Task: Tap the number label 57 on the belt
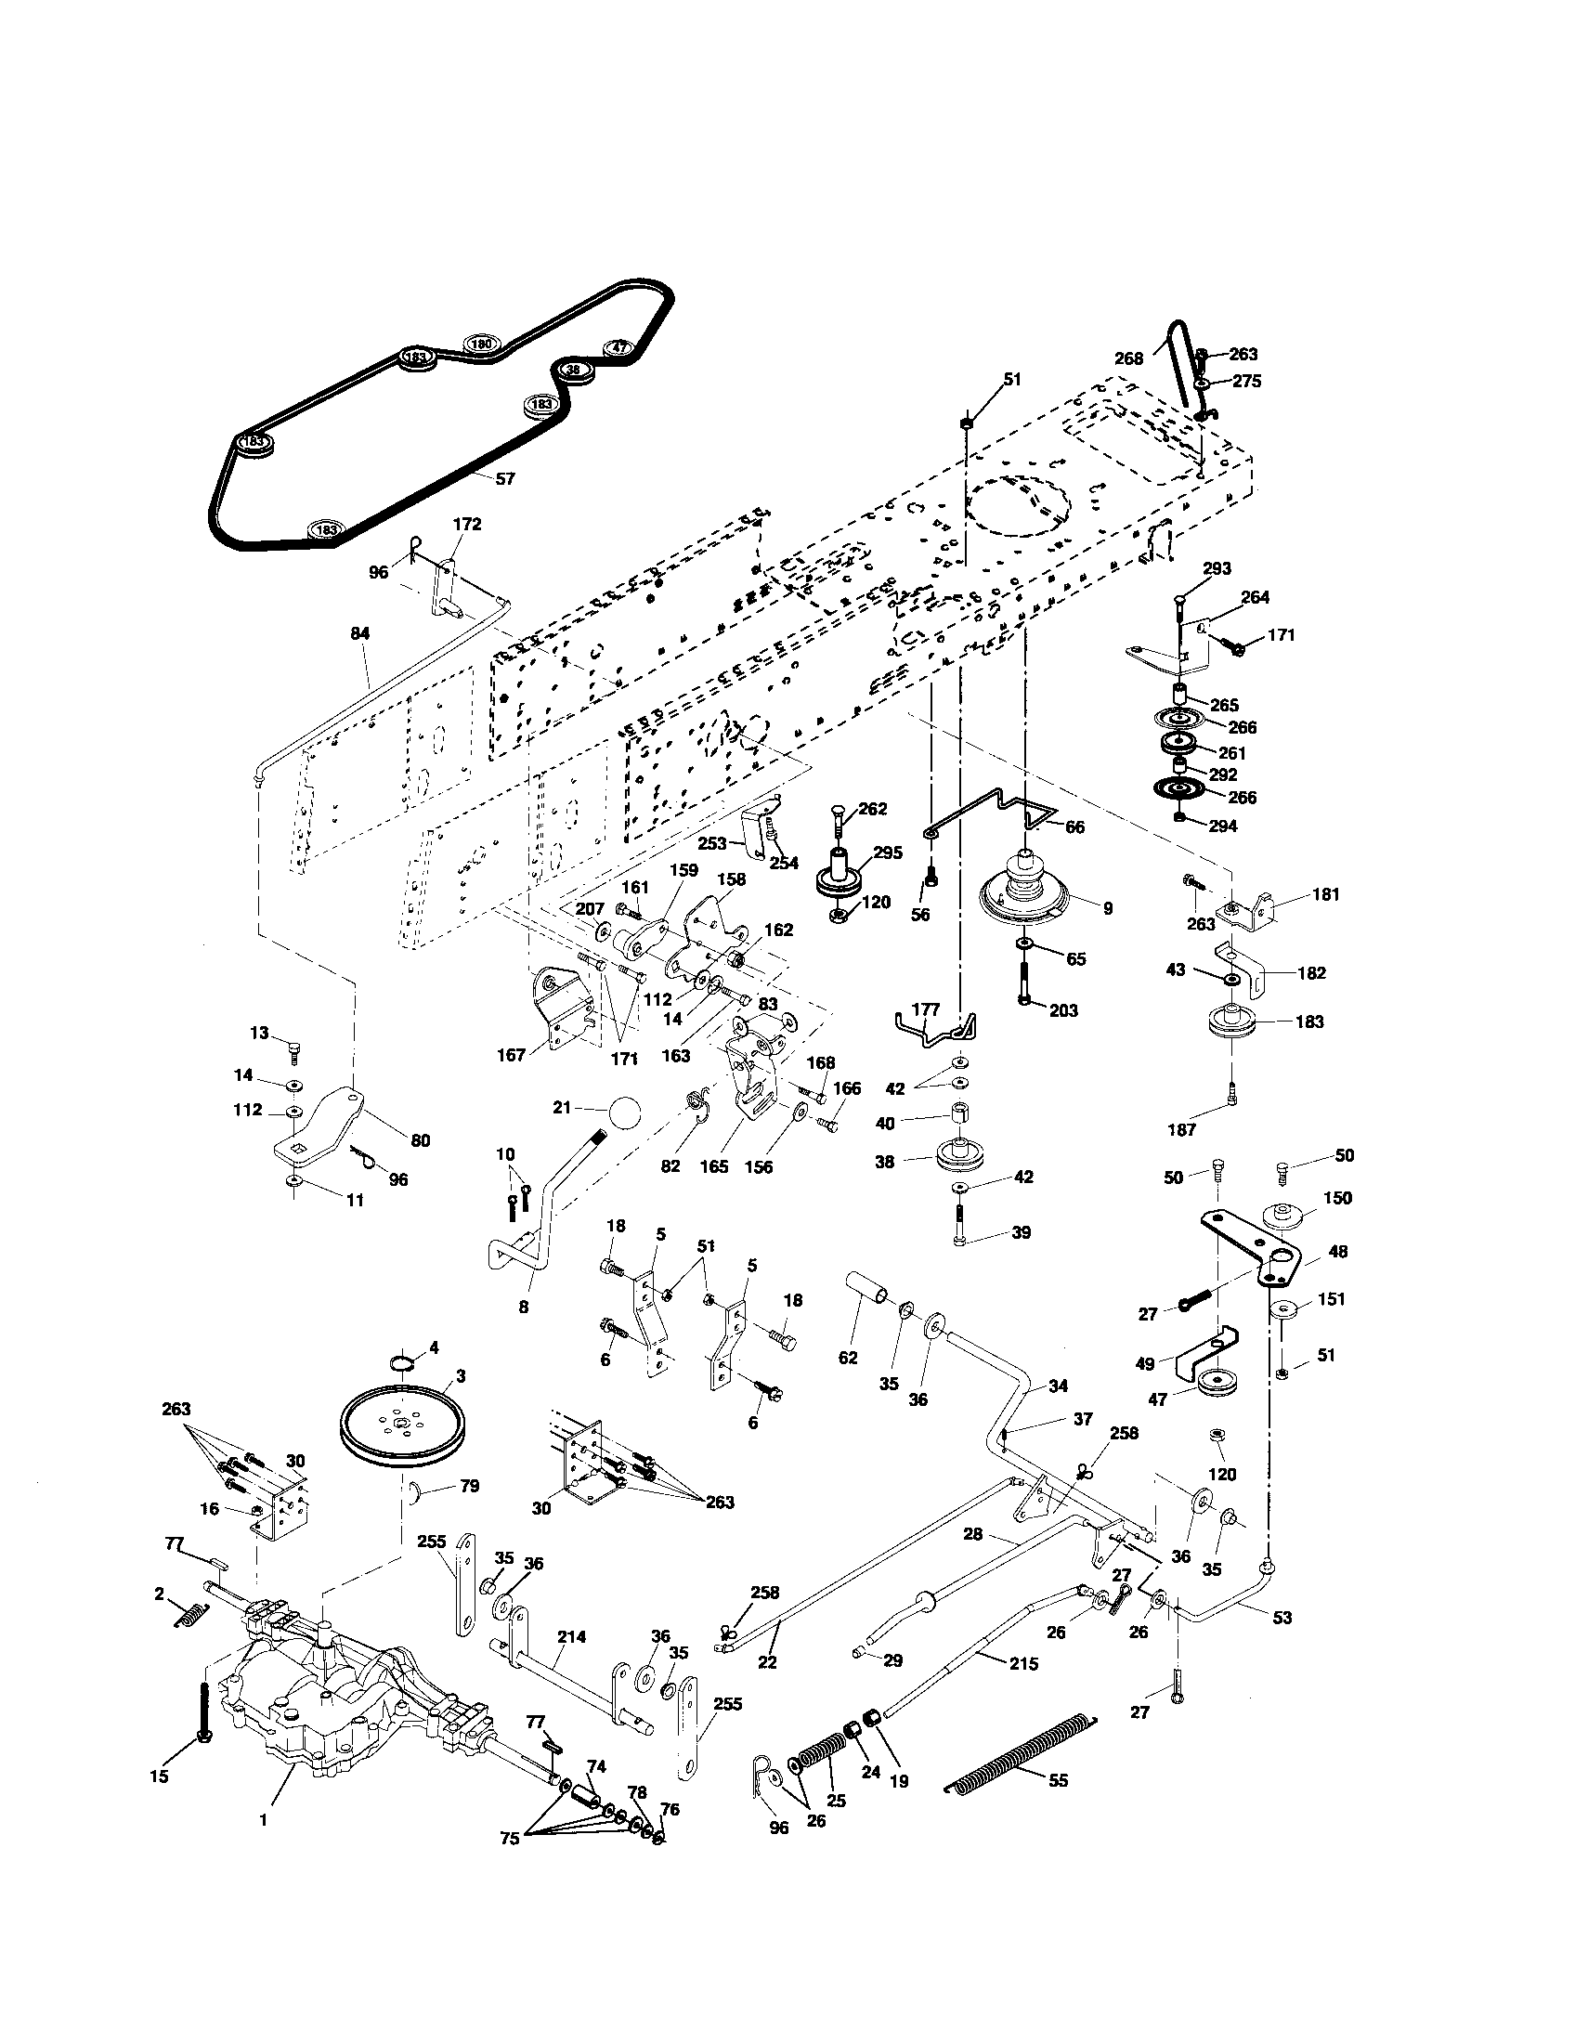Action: (504, 478)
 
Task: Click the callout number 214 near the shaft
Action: (571, 1636)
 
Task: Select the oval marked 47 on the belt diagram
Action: (618, 347)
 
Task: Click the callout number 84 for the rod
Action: (360, 633)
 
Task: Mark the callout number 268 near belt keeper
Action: (1129, 358)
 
